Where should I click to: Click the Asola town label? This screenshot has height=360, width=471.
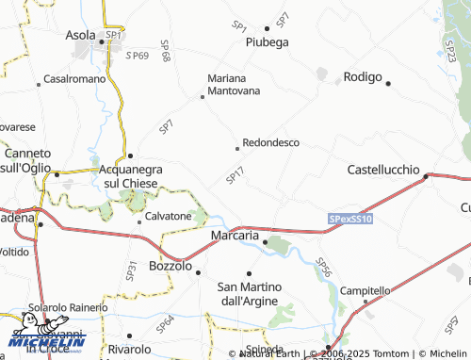coord(80,36)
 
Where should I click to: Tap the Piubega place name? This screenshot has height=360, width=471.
coord(267,42)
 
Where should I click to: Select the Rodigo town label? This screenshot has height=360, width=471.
coord(361,76)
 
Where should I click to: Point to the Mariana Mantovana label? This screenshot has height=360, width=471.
coord(234,85)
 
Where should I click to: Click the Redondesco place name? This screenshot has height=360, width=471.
coord(271,142)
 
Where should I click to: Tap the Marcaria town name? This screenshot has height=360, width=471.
coord(235,235)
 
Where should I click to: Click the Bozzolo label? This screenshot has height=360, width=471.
coord(171,267)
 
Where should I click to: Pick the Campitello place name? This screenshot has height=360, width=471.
coord(365,290)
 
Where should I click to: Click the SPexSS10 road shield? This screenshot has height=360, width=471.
coord(351,219)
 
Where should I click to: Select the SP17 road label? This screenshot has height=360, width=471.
coord(235,175)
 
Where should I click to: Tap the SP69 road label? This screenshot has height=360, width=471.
coord(137,57)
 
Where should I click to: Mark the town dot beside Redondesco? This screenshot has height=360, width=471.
coord(236,148)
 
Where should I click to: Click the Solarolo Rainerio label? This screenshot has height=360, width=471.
coord(67,307)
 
